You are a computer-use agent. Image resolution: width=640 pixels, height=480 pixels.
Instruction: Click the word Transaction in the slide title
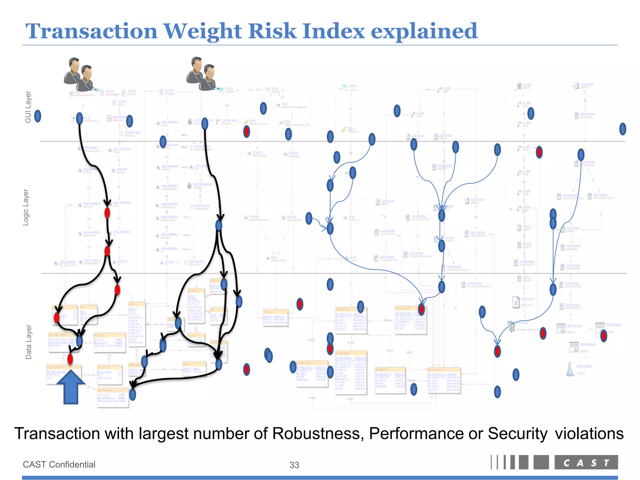[91, 31]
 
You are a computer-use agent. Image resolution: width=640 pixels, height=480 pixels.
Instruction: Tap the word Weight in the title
[203, 32]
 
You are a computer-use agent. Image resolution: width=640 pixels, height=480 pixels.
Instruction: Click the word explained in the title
[424, 32]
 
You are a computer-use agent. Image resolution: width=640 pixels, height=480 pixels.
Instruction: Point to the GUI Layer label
[28, 107]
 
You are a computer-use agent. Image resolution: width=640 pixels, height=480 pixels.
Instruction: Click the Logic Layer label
[26, 207]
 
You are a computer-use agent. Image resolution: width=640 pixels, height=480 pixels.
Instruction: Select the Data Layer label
[28, 342]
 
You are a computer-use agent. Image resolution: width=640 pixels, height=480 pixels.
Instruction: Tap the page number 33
[294, 465]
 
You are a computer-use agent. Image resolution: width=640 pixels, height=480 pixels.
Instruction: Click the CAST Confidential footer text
[59, 464]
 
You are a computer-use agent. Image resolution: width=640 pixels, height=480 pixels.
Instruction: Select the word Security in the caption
[517, 433]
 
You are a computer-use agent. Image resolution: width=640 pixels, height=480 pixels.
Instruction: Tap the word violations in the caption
[589, 433]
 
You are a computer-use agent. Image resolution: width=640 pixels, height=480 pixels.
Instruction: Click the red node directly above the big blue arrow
[70, 359]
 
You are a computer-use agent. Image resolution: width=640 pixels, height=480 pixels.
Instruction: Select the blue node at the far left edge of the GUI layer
[37, 116]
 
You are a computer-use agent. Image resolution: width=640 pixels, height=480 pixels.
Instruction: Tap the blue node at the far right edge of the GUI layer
[622, 129]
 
